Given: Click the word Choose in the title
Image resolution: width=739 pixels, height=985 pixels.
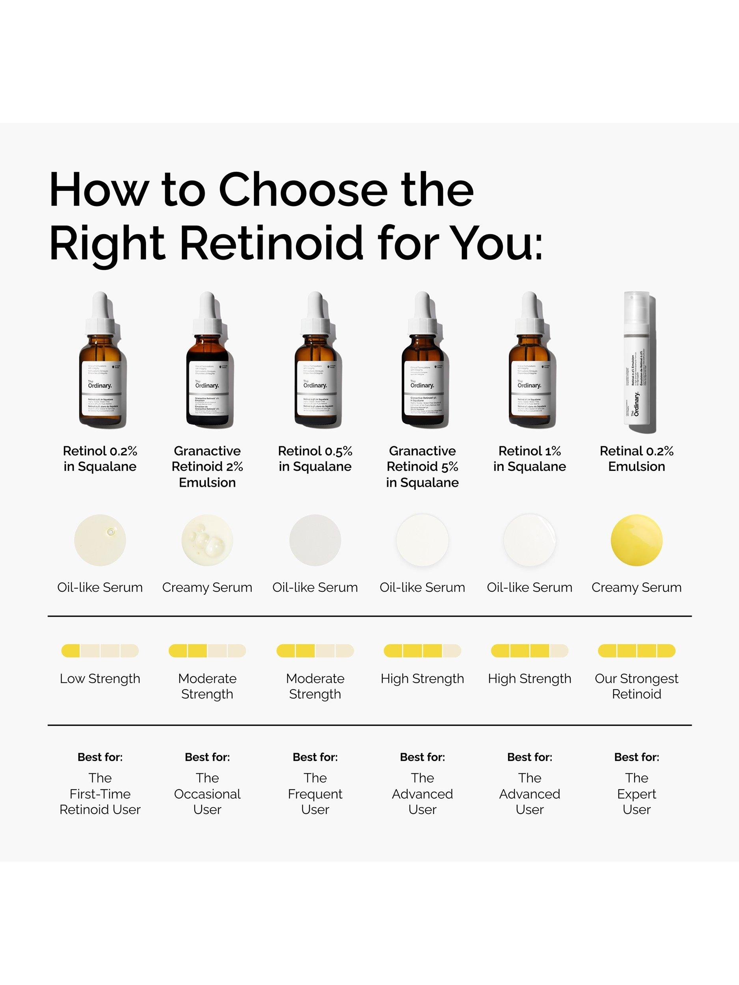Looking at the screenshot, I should (x=303, y=191).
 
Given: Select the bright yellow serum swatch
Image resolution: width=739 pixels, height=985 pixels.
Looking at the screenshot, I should (x=636, y=540).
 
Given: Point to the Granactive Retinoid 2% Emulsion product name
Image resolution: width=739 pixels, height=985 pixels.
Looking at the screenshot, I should (x=207, y=466).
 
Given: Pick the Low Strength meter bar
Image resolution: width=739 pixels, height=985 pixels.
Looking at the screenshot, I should (x=100, y=650).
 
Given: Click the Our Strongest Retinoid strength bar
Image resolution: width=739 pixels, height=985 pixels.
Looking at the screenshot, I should (x=636, y=650).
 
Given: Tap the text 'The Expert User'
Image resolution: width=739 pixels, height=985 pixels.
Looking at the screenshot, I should (x=636, y=794).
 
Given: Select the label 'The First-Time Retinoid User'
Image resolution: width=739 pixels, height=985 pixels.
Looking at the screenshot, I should (x=100, y=794).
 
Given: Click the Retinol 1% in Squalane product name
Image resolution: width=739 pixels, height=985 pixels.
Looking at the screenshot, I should (x=529, y=459).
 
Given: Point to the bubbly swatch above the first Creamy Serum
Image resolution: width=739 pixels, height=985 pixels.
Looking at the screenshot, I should (x=207, y=540).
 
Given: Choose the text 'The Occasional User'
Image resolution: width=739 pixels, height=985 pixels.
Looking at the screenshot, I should (x=207, y=794).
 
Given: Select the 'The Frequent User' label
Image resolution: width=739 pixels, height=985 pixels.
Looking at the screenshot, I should (x=315, y=794).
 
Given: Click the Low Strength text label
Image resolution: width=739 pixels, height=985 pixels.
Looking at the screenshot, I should (x=100, y=678).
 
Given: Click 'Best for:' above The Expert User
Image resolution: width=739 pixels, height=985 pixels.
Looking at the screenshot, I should (x=636, y=757).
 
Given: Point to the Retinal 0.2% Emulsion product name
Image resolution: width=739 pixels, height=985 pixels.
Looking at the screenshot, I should (x=636, y=459).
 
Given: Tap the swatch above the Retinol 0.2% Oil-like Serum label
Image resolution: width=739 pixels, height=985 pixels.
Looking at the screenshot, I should (x=100, y=540).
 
